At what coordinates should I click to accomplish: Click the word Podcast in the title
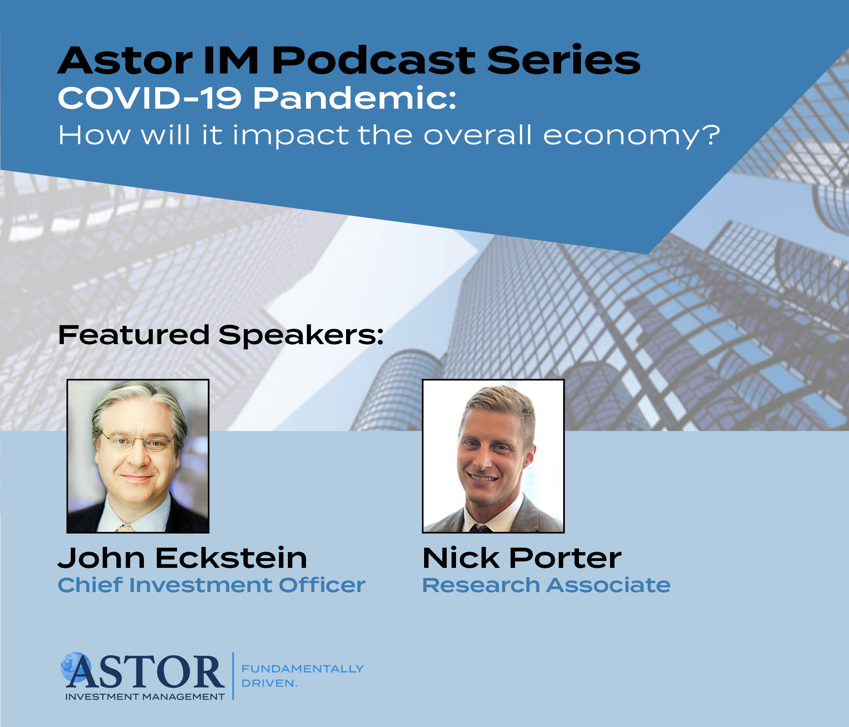373,60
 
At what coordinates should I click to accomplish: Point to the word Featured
134,335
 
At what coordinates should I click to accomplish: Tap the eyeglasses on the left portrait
137,442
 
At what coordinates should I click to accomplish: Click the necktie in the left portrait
125,528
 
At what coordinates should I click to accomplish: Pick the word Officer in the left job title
322,584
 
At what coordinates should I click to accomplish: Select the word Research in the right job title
481,585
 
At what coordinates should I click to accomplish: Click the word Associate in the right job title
609,585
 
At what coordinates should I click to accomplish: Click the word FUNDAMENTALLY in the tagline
302,668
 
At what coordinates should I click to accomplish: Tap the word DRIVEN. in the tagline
269,683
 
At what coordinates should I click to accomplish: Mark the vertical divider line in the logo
233,676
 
